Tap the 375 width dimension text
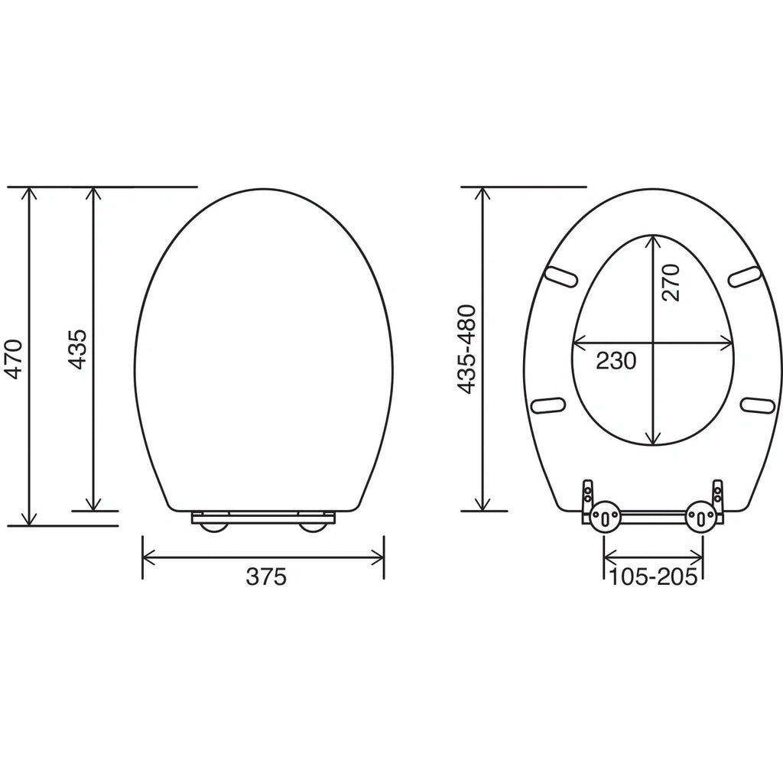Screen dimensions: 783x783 click(x=265, y=577)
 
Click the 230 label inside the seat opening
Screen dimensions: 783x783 click(x=616, y=359)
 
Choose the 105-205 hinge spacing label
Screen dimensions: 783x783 click(x=653, y=577)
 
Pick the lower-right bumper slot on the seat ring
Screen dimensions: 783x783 click(x=758, y=404)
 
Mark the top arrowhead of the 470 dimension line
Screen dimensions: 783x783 click(x=30, y=193)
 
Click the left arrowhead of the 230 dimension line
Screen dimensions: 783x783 click(x=578, y=343)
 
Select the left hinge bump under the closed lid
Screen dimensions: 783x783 click(x=213, y=528)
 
